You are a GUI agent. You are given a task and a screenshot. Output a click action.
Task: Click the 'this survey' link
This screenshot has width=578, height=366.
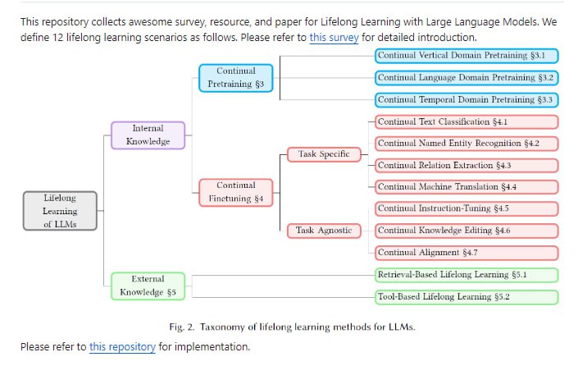pos(334,38)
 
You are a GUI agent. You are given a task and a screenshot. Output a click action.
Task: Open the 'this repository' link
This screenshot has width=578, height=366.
pos(122,346)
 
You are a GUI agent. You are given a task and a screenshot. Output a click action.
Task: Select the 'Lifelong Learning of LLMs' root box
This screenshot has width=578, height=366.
pos(60,211)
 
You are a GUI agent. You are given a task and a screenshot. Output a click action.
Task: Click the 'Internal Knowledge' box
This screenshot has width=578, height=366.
pos(148,135)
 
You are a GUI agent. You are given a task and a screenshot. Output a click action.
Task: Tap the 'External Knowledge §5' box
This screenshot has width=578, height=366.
pos(148,286)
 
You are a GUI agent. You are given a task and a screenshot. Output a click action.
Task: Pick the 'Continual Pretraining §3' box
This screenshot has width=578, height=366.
pos(236,77)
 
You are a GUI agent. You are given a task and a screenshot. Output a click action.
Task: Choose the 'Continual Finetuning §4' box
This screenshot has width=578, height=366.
pos(236,192)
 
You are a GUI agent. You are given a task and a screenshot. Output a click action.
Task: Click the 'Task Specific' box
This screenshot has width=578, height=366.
pos(323,154)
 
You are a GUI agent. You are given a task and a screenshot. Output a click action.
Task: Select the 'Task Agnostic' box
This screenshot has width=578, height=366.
pos(324,231)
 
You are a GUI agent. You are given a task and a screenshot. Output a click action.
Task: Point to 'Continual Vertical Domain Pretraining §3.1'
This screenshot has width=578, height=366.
pos(466,56)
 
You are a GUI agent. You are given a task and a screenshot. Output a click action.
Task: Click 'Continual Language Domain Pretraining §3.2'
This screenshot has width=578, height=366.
pos(466,78)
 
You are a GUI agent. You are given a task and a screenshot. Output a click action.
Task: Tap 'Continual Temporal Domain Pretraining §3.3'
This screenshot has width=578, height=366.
pos(466,100)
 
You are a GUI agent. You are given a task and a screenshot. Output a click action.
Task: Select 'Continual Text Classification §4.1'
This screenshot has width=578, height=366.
pos(466,122)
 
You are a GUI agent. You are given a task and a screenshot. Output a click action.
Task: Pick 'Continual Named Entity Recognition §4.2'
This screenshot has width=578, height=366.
pos(466,144)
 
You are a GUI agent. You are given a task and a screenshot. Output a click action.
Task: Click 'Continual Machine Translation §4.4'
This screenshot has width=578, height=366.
pos(466,187)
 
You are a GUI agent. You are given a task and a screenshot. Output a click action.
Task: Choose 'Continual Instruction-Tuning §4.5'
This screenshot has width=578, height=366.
pos(466,209)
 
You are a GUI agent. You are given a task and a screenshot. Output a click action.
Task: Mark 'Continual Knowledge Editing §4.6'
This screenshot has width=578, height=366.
pos(466,231)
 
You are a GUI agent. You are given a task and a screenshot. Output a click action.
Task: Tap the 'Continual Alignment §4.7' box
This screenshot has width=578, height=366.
pos(466,253)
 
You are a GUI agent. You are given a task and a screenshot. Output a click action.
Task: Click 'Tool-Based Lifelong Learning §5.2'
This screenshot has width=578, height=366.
pos(466,297)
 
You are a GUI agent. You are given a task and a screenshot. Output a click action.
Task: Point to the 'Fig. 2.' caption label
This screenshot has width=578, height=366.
pos(184,327)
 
